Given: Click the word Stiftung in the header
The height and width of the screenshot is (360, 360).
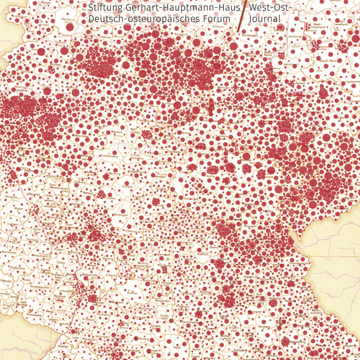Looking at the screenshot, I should (x=103, y=8).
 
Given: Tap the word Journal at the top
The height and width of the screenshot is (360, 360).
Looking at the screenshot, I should (x=264, y=19).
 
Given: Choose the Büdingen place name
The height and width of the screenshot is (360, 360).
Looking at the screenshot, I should (x=121, y=215).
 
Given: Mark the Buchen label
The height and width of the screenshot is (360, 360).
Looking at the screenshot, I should (x=132, y=293).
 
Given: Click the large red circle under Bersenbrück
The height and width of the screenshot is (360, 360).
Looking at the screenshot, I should (x=70, y=27).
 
